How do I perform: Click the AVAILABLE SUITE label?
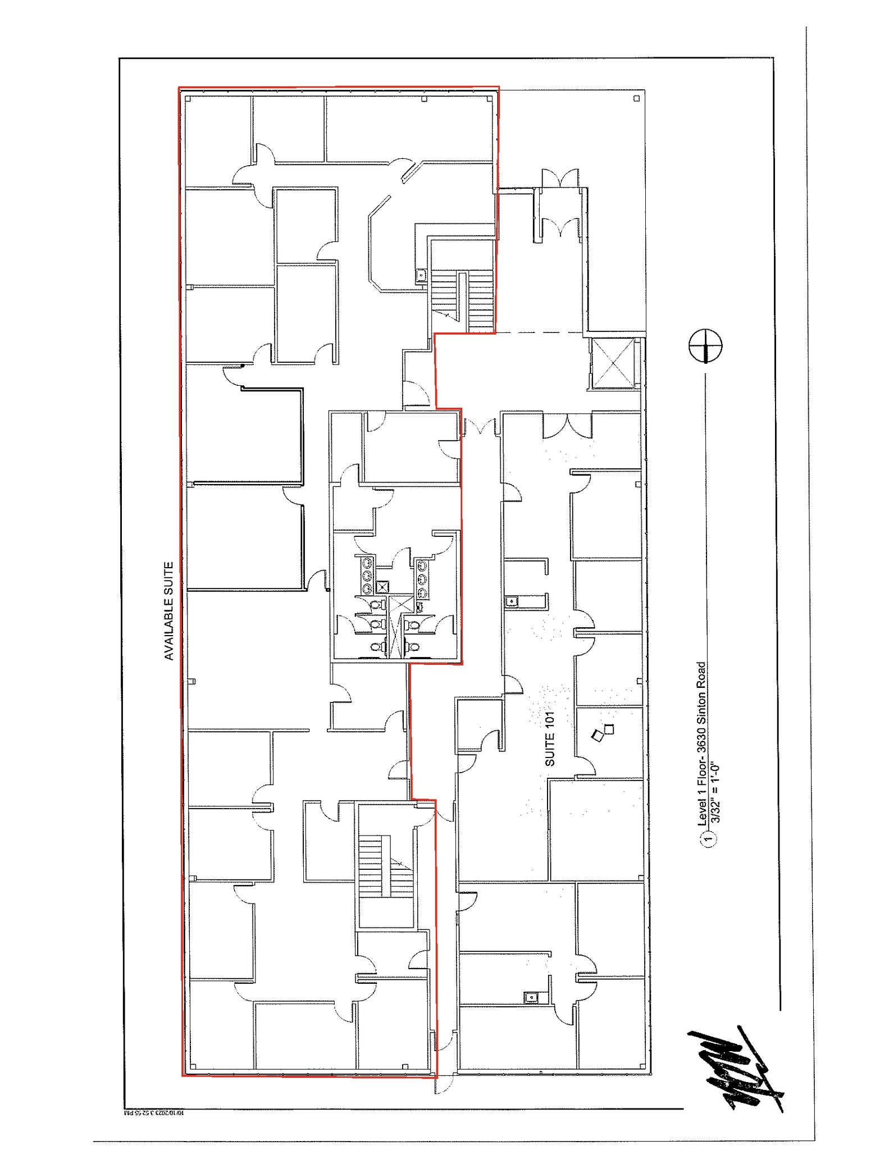tap(168, 610)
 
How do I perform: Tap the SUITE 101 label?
tap(550, 738)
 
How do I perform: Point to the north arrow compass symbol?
tap(705, 345)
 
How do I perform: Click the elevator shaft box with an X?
tap(613, 363)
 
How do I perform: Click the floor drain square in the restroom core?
tap(383, 587)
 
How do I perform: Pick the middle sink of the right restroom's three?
tap(421, 579)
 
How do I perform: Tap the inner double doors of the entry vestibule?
tap(560, 228)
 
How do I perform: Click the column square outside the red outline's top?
tap(636, 98)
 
